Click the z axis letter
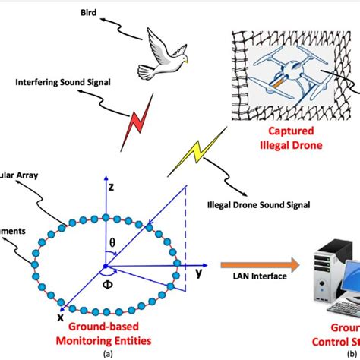[x=111, y=185]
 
